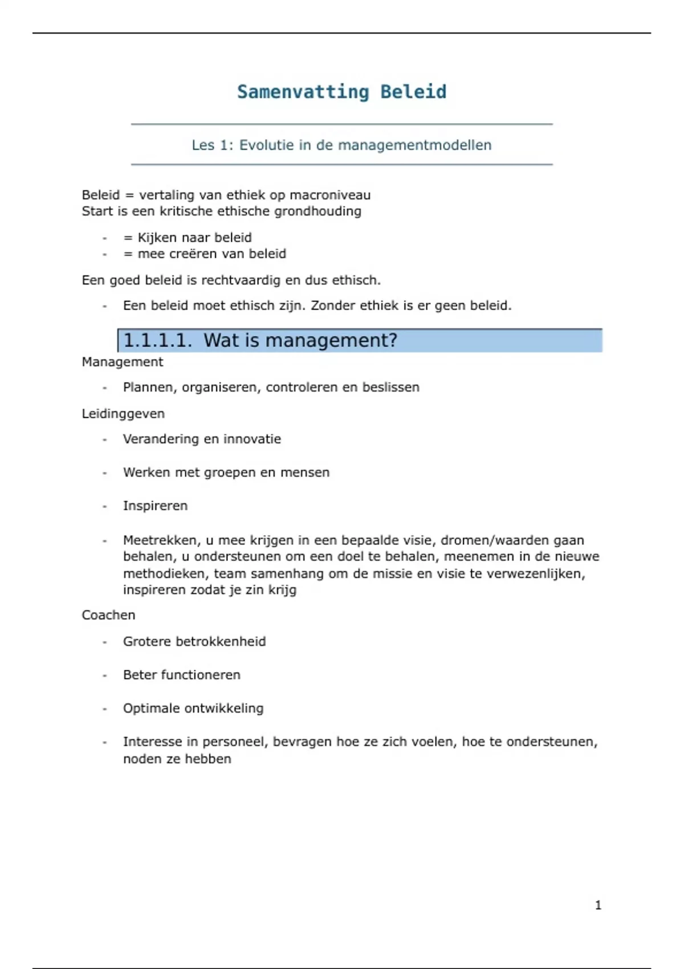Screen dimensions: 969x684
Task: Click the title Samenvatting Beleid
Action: point(341,92)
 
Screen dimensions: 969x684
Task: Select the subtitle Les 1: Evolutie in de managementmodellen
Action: point(341,145)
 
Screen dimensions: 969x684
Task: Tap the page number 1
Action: point(598,905)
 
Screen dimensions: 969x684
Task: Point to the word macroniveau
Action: point(330,195)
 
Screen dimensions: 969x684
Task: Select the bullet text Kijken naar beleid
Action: point(194,238)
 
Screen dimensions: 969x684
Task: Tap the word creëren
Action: point(182,254)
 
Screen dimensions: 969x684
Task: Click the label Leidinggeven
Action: point(123,414)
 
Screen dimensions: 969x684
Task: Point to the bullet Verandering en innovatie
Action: point(202,439)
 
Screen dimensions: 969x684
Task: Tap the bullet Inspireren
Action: point(155,506)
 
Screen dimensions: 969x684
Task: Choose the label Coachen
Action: point(108,616)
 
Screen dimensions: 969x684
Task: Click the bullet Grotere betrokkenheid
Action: point(194,642)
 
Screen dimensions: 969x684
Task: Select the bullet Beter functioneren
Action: point(181,675)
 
